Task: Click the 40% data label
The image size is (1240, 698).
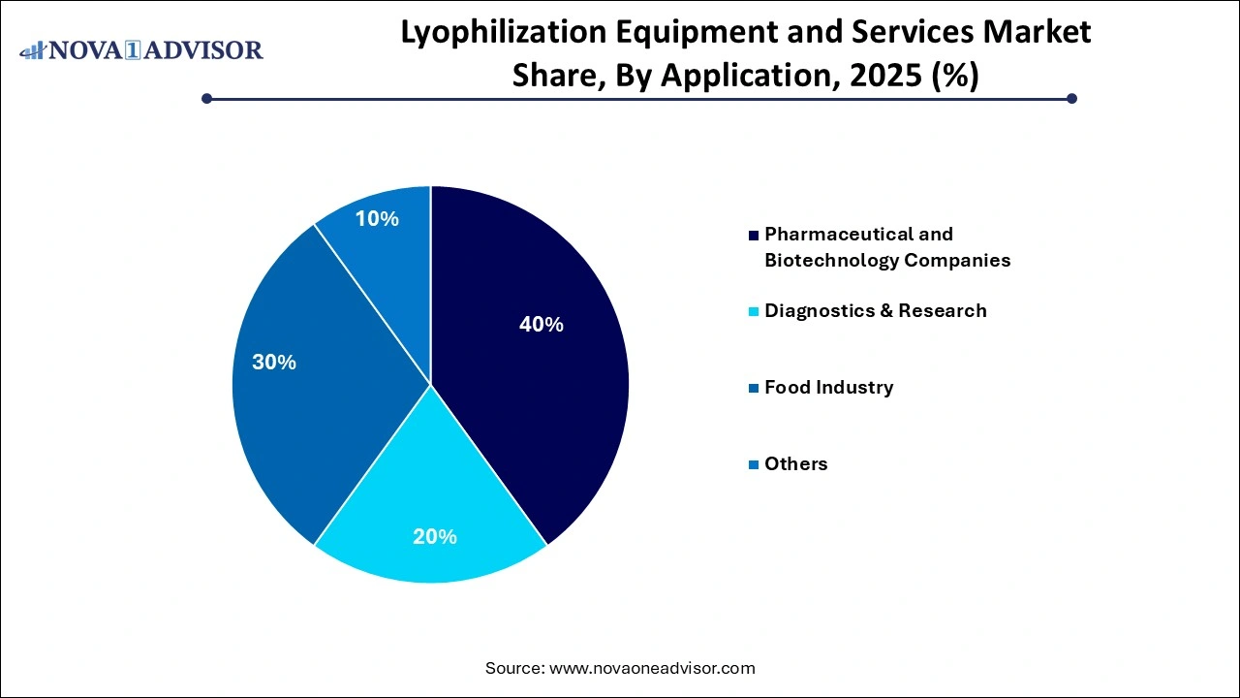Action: (x=541, y=325)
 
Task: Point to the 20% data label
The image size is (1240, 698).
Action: (x=434, y=536)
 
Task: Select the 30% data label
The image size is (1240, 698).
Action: (x=274, y=363)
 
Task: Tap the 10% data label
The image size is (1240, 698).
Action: (x=377, y=219)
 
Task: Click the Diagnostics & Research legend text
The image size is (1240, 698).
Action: (x=875, y=310)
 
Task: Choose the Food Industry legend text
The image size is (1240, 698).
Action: (x=828, y=387)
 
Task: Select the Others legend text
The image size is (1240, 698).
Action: (x=795, y=463)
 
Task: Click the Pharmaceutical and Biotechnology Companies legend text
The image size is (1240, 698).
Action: (x=886, y=247)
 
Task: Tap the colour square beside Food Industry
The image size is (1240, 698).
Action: (x=754, y=388)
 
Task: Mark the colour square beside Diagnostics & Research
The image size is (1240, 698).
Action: (x=754, y=311)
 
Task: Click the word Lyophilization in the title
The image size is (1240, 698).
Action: (x=480, y=32)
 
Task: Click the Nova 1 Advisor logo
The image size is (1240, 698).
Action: (x=141, y=50)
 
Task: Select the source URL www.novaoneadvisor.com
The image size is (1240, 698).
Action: (x=651, y=668)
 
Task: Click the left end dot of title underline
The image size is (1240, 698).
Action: (x=206, y=98)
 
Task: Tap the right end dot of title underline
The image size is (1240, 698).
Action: (x=1071, y=98)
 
